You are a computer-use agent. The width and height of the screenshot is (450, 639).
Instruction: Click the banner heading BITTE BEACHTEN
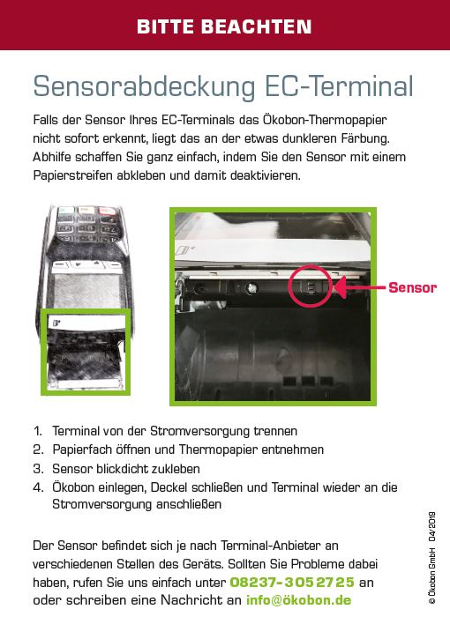coord(224,26)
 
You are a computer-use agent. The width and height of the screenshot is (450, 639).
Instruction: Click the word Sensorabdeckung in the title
coord(144,86)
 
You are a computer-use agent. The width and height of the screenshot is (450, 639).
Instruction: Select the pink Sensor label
coord(412,287)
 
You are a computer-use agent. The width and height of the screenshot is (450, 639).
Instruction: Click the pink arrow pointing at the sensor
coord(360,287)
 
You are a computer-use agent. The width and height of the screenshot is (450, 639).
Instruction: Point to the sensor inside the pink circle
coord(311,286)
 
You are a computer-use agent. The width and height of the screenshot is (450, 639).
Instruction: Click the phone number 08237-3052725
coord(292,582)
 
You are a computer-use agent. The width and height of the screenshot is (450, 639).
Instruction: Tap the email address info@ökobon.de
coord(298,600)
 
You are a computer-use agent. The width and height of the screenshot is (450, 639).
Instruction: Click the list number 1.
coord(38,431)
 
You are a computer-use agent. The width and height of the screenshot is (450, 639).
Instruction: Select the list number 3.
coord(38,469)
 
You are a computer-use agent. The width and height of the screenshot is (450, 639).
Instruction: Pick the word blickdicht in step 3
coord(122,469)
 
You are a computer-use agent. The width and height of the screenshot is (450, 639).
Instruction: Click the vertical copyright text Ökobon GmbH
coord(431,576)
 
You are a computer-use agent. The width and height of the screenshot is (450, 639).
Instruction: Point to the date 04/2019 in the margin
coord(431,526)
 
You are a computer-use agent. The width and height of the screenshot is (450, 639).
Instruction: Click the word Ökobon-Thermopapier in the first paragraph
coord(325,120)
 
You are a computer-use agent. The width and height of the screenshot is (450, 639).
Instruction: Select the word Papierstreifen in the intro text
coord(73,175)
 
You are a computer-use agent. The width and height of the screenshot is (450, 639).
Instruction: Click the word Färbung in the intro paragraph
coord(365,138)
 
